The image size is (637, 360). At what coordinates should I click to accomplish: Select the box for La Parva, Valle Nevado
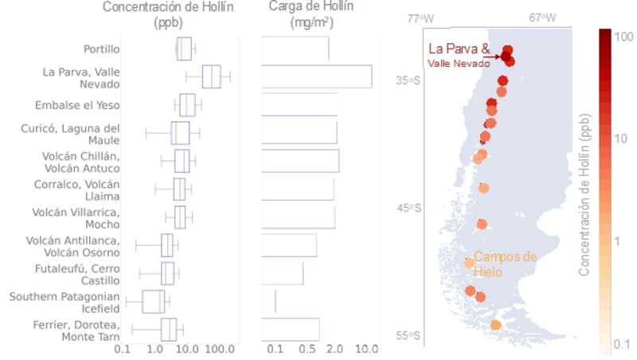tap(211, 77)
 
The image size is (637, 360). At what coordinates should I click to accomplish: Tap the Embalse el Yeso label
tap(77, 105)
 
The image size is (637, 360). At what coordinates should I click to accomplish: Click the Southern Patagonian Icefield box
tap(154, 301)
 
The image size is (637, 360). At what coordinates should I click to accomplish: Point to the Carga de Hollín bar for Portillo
tap(295, 49)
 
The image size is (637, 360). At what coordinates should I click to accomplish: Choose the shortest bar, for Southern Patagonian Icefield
tap(268, 301)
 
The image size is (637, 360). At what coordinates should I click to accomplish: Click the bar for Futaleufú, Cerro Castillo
tap(283, 273)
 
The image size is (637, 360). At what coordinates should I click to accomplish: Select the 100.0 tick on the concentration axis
tap(221, 349)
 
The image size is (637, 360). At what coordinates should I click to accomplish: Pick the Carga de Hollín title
tap(311, 7)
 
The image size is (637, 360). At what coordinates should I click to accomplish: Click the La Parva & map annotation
tap(459, 49)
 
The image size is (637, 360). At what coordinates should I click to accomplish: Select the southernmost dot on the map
tap(496, 325)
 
